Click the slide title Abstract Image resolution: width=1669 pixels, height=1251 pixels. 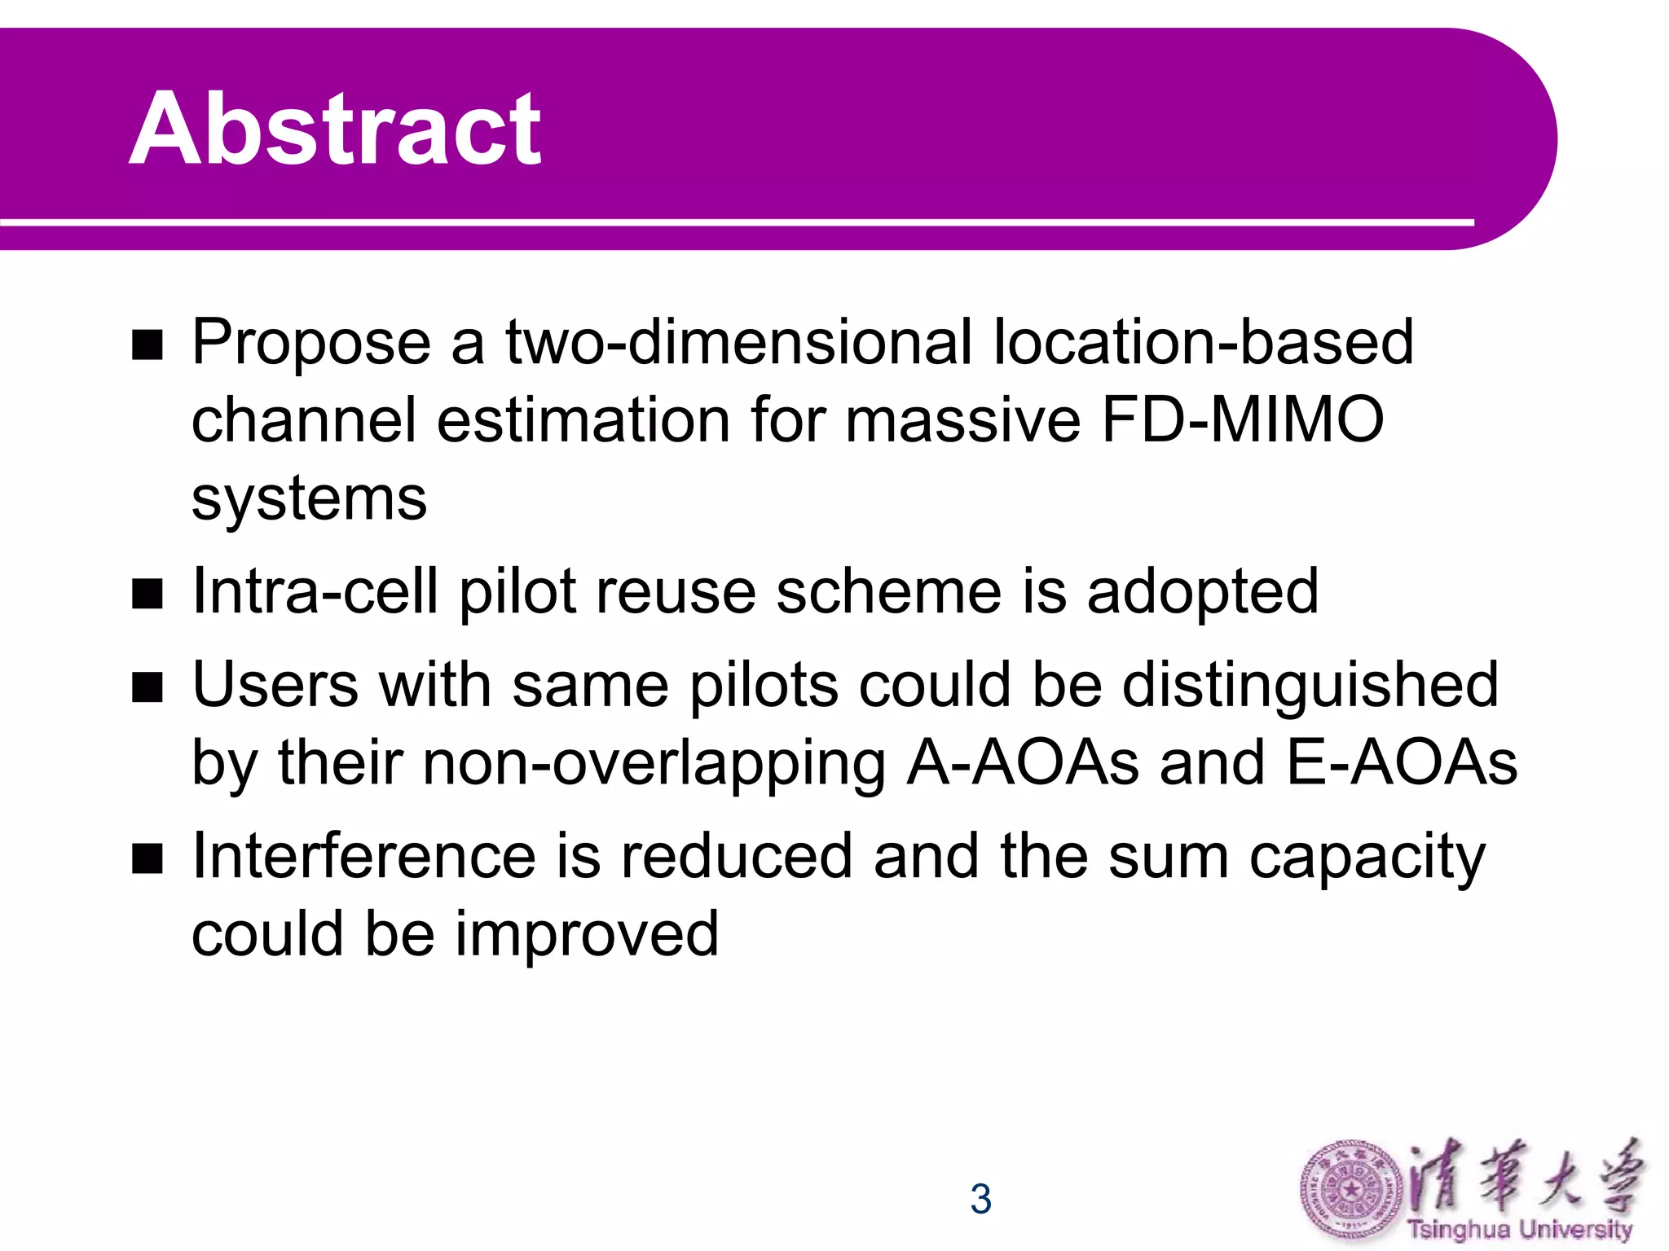pyautogui.click(x=335, y=129)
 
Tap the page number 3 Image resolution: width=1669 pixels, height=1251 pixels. pyautogui.click(x=980, y=1199)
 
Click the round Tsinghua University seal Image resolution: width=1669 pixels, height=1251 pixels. pyautogui.click(x=1351, y=1192)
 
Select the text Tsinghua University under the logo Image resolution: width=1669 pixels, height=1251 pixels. pyautogui.click(x=1519, y=1229)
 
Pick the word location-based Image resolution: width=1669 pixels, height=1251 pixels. pyautogui.click(x=1203, y=342)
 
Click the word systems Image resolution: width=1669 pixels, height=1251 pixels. pyautogui.click(x=309, y=499)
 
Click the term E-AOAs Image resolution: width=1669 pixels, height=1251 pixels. pyautogui.click(x=1402, y=763)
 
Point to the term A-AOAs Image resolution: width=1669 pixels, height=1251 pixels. pyautogui.click(x=1023, y=763)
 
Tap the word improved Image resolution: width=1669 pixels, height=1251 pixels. pyautogui.click(x=586, y=934)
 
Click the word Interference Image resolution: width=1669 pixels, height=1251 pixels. pyautogui.click(x=364, y=857)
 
